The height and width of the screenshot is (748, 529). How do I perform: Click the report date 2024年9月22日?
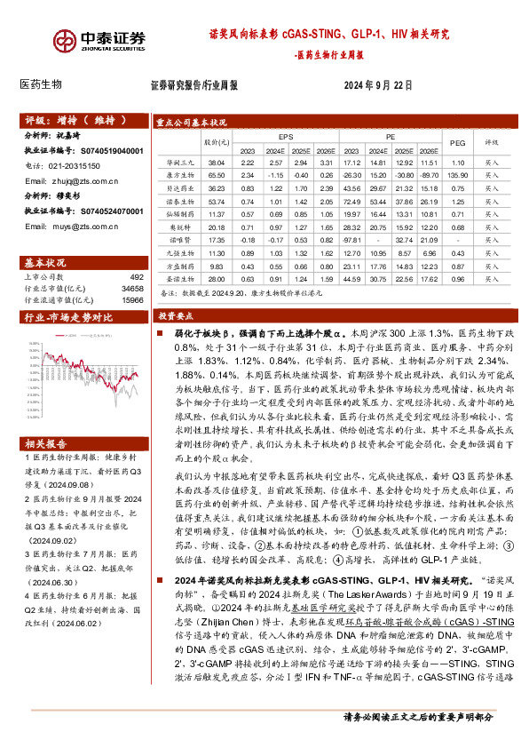tap(377, 85)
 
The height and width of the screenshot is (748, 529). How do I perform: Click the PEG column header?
tap(457, 142)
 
